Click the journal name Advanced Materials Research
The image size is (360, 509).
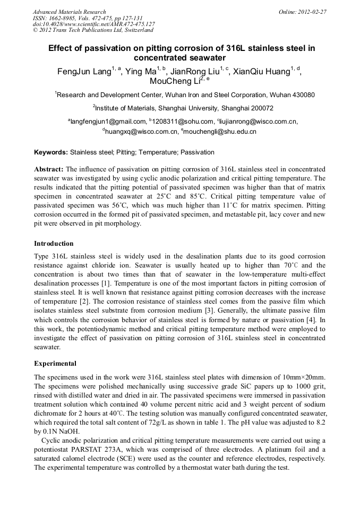point(69,12)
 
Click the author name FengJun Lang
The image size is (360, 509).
point(84,72)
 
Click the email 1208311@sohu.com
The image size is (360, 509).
point(176,122)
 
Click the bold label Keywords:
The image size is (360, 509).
point(51,152)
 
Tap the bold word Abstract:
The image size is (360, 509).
point(49,169)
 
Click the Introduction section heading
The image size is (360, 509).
point(54,244)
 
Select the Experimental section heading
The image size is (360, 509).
point(55,364)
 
